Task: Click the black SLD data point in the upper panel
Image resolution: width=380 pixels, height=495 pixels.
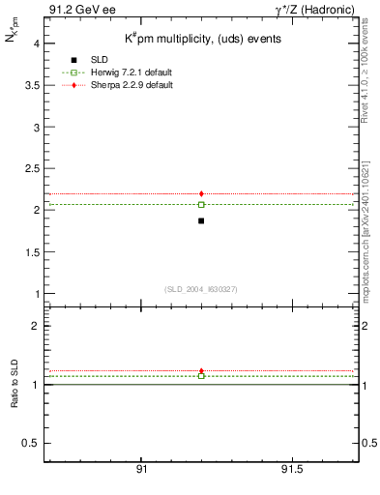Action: point(201,220)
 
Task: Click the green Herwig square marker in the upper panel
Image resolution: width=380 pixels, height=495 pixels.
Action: point(201,204)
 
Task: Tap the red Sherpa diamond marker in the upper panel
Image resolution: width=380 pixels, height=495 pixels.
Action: point(201,193)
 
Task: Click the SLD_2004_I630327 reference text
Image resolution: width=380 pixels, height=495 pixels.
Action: point(201,289)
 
